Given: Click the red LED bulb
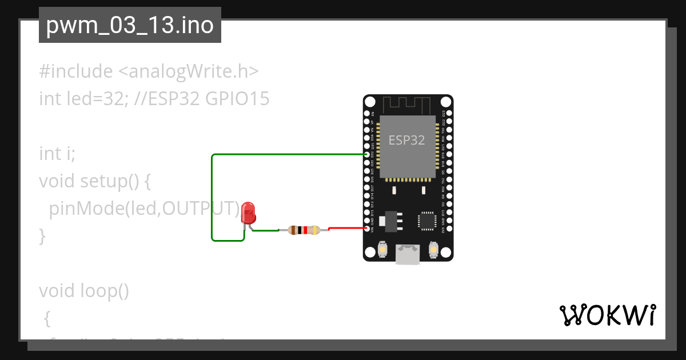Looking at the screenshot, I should [x=248, y=213].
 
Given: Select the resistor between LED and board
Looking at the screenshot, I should [x=304, y=230].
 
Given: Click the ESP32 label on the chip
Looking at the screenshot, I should [x=406, y=140].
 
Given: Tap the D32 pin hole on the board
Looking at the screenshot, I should [x=368, y=154].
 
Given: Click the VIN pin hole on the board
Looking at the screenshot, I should [x=368, y=229].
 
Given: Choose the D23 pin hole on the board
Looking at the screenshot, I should [x=449, y=113].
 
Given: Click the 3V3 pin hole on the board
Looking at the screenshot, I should [x=449, y=229].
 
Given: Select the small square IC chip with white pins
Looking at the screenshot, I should [x=427, y=220].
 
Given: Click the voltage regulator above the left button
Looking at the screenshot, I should [x=391, y=220].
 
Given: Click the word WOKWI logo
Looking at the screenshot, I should [x=607, y=315].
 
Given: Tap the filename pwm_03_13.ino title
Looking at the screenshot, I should [x=130, y=26].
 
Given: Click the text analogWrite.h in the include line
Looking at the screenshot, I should [x=189, y=71].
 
